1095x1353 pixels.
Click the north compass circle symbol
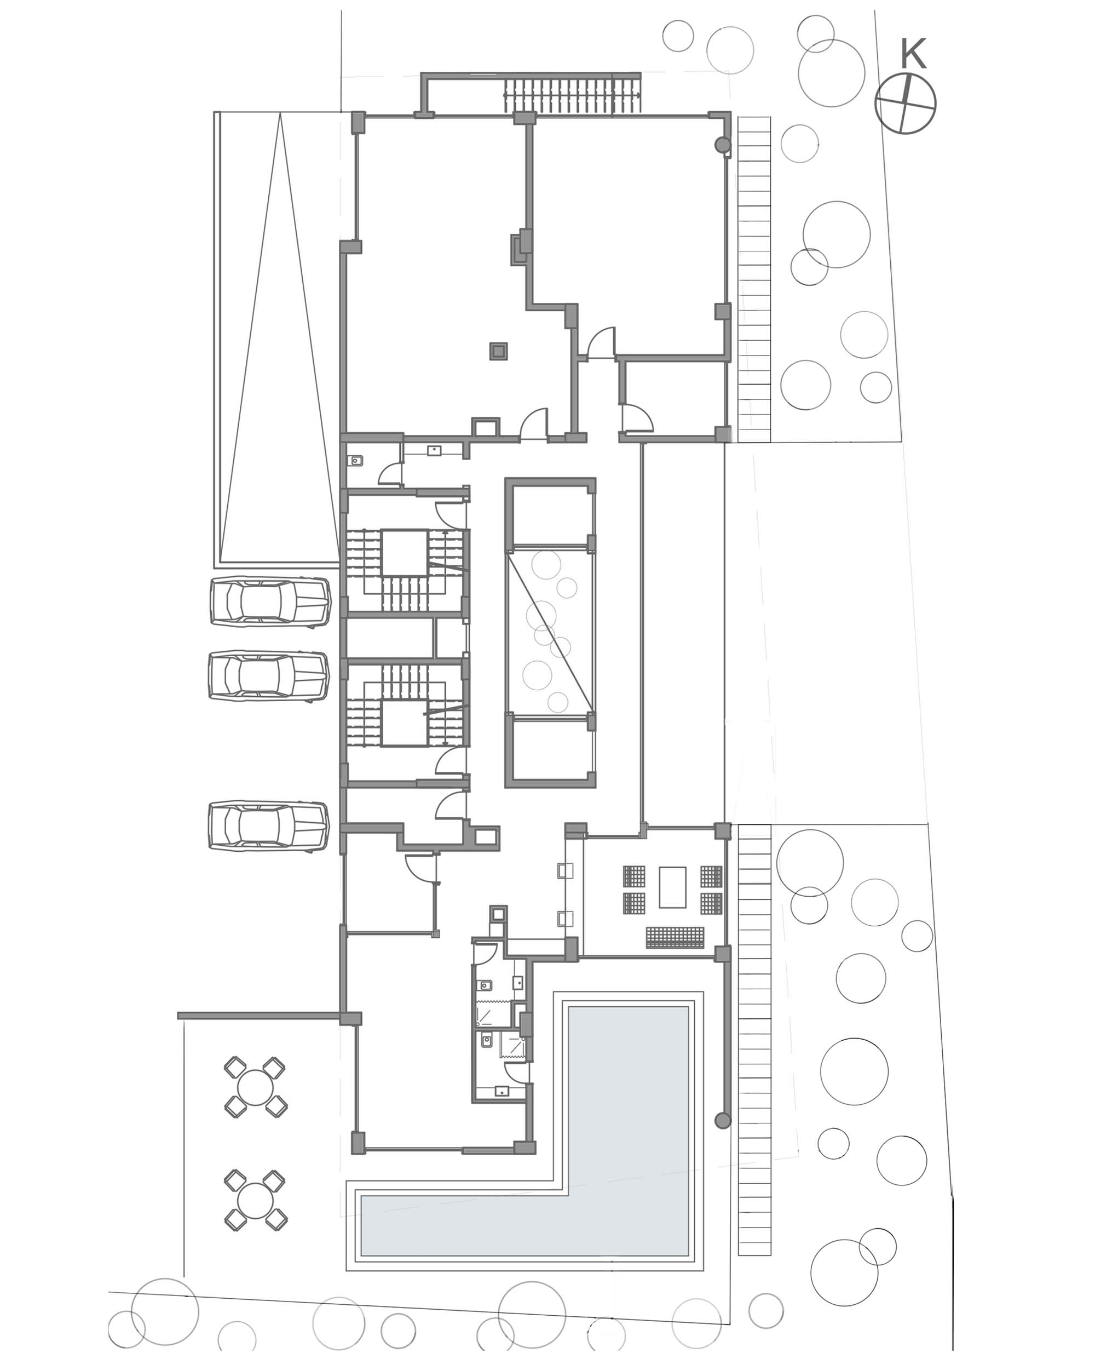[x=905, y=104]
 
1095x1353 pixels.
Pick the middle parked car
[x=269, y=676]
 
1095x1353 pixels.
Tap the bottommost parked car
[x=269, y=826]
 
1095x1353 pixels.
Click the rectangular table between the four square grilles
[x=672, y=887]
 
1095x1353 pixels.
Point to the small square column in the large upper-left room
[x=498, y=351]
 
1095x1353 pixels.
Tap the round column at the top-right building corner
[x=723, y=145]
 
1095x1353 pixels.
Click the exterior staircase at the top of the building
[x=572, y=95]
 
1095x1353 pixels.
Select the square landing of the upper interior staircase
[x=404, y=553]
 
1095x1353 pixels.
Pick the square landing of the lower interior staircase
[x=404, y=723]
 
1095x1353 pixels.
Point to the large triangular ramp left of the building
[x=279, y=337]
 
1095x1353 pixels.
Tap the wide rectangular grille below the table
[x=675, y=937]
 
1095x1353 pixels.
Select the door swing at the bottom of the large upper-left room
[x=534, y=423]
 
